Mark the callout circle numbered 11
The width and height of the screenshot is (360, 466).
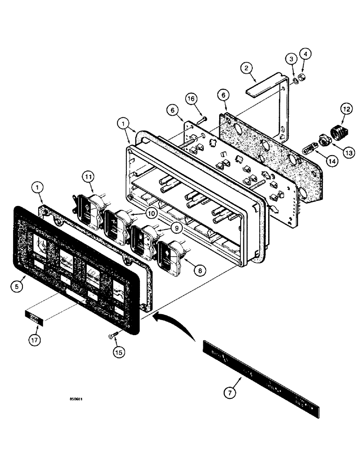(x=89, y=177)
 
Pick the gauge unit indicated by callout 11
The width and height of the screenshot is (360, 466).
(x=86, y=207)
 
